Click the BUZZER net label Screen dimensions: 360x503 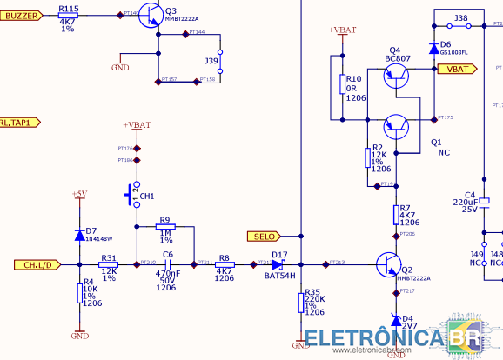[x=22, y=15]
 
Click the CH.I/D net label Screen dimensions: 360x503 [x=37, y=264]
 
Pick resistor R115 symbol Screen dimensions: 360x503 [x=68, y=16]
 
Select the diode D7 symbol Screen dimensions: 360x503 [x=80, y=232]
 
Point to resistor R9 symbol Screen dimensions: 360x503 [x=164, y=227]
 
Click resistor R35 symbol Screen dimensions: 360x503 [x=300, y=302]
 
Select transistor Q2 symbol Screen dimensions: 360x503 [x=388, y=263]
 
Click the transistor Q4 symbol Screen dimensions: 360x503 [x=397, y=73]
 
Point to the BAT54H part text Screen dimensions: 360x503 [x=278, y=276]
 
